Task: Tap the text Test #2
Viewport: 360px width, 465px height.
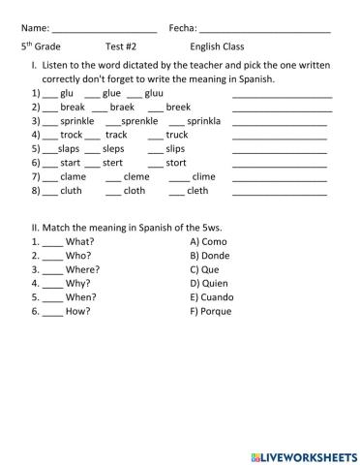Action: (x=121, y=46)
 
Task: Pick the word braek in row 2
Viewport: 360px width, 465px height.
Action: (x=122, y=108)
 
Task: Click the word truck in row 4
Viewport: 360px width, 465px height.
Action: (x=177, y=136)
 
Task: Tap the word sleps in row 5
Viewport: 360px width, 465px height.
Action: (x=113, y=150)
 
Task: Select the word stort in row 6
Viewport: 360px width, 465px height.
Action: (x=176, y=164)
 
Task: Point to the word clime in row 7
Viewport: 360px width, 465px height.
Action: (x=203, y=177)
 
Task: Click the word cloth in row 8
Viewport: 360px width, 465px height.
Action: (x=134, y=192)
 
